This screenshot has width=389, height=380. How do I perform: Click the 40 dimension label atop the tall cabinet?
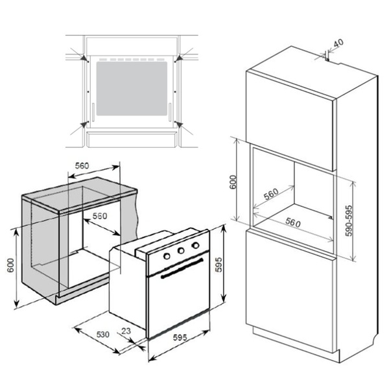[x=338, y=43]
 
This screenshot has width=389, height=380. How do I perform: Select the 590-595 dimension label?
[x=349, y=220]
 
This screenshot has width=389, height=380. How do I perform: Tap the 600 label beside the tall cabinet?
[x=233, y=182]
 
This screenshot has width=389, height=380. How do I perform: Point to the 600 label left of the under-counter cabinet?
[x=10, y=265]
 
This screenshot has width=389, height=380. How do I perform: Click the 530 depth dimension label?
[x=102, y=335]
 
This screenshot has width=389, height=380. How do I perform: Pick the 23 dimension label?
[x=126, y=331]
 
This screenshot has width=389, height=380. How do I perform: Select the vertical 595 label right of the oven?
[x=218, y=265]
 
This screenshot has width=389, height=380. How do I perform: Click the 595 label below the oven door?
[x=180, y=338]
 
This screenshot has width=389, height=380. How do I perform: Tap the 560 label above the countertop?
[x=82, y=165]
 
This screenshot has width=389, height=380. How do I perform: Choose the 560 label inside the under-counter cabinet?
[x=100, y=216]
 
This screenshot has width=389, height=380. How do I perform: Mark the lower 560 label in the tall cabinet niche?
[x=293, y=222]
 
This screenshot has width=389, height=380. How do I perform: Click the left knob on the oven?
[x=167, y=256]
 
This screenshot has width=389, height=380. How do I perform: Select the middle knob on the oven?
[x=181, y=250]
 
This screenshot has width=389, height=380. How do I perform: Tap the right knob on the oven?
[x=196, y=245]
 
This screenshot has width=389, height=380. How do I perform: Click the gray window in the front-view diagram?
[x=132, y=88]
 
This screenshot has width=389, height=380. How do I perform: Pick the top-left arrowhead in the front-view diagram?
[x=86, y=58]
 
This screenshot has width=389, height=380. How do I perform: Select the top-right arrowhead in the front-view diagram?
[x=178, y=58]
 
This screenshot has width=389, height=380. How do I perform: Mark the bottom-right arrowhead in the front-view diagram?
[x=179, y=125]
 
